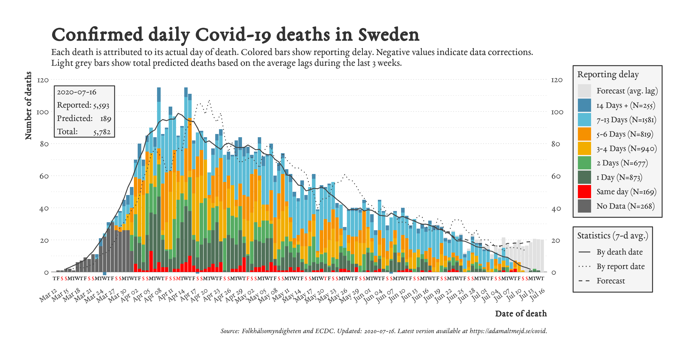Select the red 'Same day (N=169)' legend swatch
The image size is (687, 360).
coord(584,192)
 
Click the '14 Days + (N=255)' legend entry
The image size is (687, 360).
coord(625,105)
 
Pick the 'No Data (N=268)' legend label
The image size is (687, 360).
coord(625,206)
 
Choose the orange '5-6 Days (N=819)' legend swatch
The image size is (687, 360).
coord(584,134)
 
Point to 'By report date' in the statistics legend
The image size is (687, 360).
coord(620,266)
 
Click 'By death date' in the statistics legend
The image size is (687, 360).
coord(619,252)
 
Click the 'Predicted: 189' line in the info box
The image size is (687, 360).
coord(84,118)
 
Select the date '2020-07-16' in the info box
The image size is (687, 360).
coord(77,92)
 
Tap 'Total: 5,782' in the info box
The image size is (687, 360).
coord(84,132)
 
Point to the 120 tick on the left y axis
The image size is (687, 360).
coord(43,80)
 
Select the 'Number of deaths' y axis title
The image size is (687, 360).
coord(28,105)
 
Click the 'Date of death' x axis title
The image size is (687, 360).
coord(521,314)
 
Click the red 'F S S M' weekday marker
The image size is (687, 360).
coord(173,279)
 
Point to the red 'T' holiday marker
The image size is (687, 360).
coord(325,279)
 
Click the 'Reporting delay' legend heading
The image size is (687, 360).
coord(608,74)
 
